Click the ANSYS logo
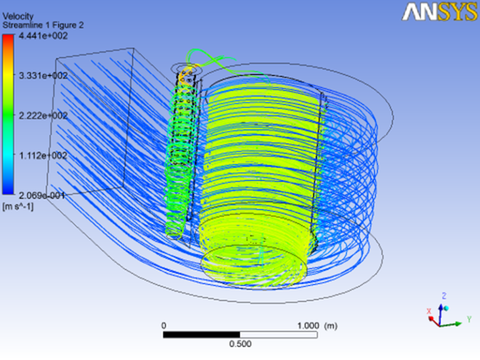[x=440, y=12]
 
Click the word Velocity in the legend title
[x=18, y=16]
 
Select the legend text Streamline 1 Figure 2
[x=43, y=25]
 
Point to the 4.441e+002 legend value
[x=43, y=36]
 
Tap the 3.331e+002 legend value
[x=43, y=76]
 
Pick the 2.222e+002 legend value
[x=43, y=116]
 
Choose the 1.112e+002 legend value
[x=43, y=156]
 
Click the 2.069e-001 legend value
[x=42, y=195]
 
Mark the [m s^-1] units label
[x=17, y=207]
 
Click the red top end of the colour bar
[x=8, y=37]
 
